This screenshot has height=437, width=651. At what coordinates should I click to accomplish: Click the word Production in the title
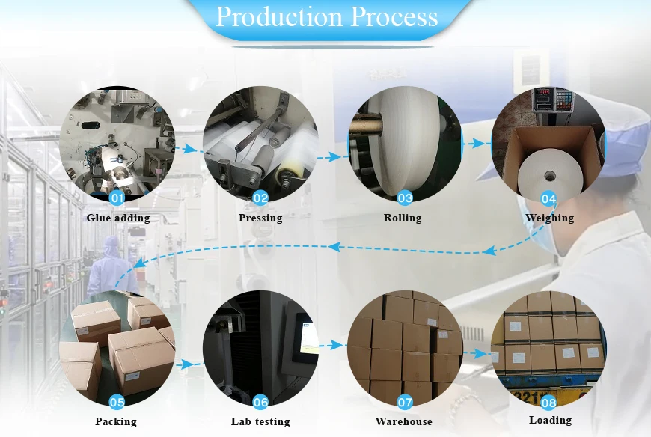[x=280, y=16]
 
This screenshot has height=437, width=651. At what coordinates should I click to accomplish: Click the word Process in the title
[x=394, y=16]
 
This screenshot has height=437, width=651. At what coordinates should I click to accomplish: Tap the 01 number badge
[x=117, y=197]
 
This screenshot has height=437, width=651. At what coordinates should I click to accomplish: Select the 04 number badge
[x=548, y=198]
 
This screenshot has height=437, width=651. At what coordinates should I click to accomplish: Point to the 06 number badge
[x=260, y=401]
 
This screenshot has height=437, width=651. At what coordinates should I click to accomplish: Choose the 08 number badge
[x=548, y=402]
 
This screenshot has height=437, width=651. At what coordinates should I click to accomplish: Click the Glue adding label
[x=118, y=218]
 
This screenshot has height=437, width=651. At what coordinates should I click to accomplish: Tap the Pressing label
[x=260, y=218]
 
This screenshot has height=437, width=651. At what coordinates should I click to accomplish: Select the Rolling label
[x=403, y=218]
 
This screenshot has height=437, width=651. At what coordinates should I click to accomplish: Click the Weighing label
[x=550, y=218]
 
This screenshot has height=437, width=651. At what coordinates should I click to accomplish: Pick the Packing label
[x=116, y=421]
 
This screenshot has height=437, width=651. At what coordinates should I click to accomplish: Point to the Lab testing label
[x=260, y=421]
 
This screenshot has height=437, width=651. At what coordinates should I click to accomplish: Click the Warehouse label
[x=403, y=421]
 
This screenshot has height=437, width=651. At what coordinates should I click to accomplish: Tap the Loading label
[x=550, y=421]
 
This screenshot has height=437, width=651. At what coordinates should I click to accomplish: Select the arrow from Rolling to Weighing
[x=474, y=144]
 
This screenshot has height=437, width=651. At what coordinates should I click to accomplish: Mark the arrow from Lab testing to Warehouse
[x=332, y=345]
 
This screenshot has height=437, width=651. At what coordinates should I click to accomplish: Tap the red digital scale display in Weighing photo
[x=543, y=91]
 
